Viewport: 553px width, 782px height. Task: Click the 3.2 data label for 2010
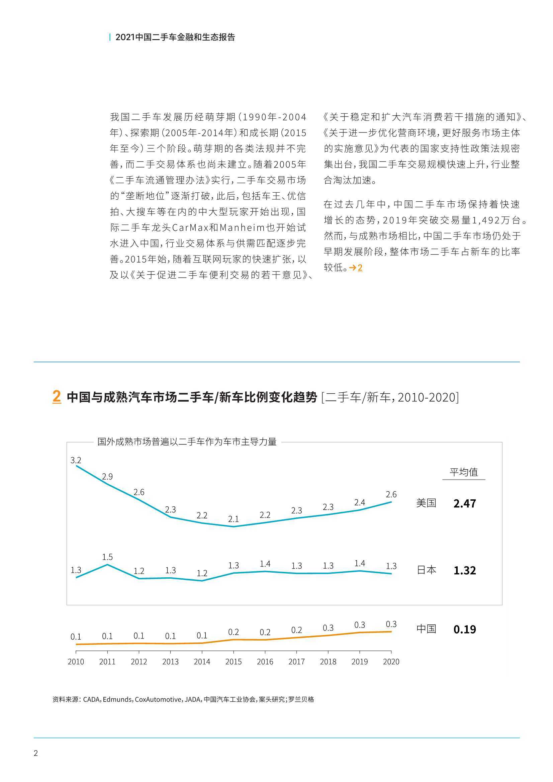click(x=76, y=461)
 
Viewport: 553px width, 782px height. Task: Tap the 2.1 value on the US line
click(x=234, y=519)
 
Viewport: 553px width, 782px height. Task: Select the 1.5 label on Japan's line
click(x=107, y=557)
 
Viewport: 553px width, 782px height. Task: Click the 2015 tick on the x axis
click(x=234, y=662)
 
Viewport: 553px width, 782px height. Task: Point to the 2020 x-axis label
click(x=391, y=662)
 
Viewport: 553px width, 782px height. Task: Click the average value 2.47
click(x=465, y=503)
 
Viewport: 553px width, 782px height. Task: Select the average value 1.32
click(x=465, y=571)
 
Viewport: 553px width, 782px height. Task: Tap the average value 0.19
click(x=465, y=629)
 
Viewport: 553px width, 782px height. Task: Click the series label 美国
click(x=426, y=503)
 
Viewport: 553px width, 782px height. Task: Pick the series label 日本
click(x=426, y=570)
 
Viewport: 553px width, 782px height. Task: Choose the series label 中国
click(x=426, y=629)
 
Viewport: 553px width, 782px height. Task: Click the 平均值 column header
click(x=464, y=472)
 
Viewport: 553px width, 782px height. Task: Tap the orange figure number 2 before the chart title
click(x=57, y=396)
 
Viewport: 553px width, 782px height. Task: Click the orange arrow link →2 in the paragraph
click(x=356, y=268)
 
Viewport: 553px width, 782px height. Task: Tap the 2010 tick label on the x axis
click(x=76, y=662)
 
